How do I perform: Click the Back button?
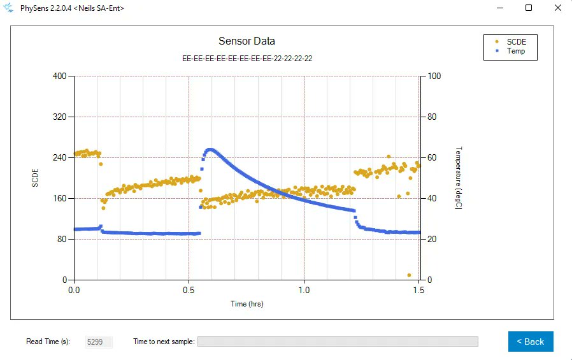point(531,342)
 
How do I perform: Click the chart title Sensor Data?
point(247,41)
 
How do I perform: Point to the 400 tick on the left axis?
point(60,76)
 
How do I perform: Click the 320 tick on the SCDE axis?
point(60,117)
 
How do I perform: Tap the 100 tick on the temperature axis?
point(433,76)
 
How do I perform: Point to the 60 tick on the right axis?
point(431,157)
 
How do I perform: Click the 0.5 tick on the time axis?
point(189,289)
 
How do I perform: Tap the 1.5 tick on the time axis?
point(419,289)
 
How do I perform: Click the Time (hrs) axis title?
point(247,304)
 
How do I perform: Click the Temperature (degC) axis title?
point(459,178)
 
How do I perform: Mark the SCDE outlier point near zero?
point(409,275)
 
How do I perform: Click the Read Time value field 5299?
point(99,342)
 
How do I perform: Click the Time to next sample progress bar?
point(338,342)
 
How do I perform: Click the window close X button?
point(557,8)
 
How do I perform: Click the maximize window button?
point(528,8)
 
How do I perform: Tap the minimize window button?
point(499,8)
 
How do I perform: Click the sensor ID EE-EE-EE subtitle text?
point(247,58)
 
